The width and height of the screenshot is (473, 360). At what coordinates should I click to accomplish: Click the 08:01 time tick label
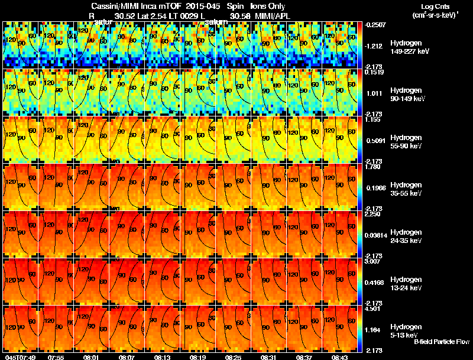[x=90, y=357]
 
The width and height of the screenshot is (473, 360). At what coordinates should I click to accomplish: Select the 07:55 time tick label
[x=56, y=357]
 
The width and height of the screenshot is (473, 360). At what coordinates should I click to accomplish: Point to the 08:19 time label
[x=197, y=357]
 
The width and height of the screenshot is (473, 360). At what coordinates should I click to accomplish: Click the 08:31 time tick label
[x=268, y=357]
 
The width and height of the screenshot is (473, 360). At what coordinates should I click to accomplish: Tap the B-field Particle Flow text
[x=442, y=342]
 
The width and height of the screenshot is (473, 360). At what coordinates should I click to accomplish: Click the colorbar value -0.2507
[x=376, y=25]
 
